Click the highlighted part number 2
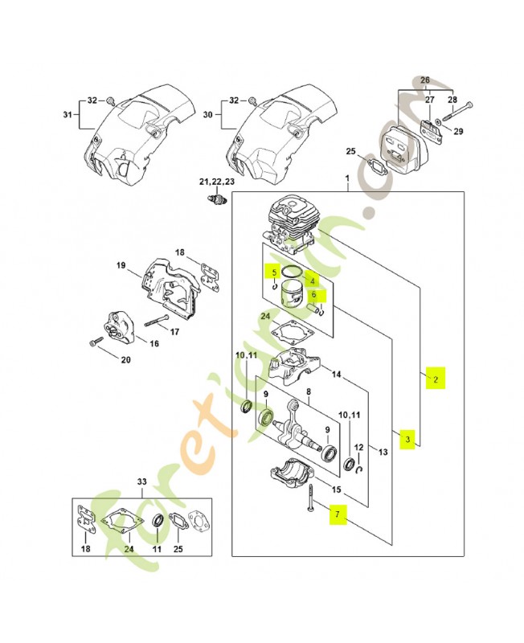(x=435, y=379)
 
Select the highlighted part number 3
(x=407, y=439)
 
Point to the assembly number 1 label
(x=347, y=178)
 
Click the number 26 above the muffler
(x=425, y=80)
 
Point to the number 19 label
(x=121, y=266)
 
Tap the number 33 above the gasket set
(x=142, y=482)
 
